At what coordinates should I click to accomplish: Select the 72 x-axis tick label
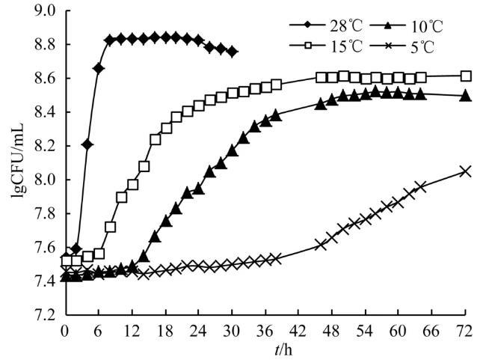(466, 330)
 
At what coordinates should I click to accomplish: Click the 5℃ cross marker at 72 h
(466, 171)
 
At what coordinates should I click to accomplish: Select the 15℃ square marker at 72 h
(466, 76)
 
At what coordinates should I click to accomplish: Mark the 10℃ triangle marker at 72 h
(466, 95)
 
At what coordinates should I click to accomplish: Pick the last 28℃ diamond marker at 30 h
(233, 52)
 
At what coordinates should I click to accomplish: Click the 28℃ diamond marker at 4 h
(87, 144)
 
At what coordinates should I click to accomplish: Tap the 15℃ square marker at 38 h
(277, 85)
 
